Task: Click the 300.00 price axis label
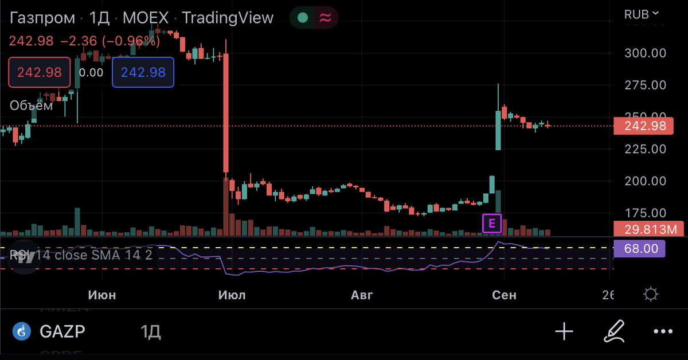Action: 645,53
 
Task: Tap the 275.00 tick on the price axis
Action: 645,85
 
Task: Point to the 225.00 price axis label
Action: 645,149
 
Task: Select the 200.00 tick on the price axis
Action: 645,181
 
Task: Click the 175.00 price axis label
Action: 645,213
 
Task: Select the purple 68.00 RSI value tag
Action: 639,249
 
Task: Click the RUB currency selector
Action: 642,14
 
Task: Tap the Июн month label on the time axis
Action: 102,295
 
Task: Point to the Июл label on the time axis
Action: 232,295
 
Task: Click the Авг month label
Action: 362,295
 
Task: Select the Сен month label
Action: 505,295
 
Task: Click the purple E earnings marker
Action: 492,223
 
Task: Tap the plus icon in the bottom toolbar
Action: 564,331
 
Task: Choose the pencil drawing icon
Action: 614,331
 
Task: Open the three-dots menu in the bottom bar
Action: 663,331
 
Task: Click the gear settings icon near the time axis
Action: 651,295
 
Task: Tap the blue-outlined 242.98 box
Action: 143,72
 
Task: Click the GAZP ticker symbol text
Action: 62,331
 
